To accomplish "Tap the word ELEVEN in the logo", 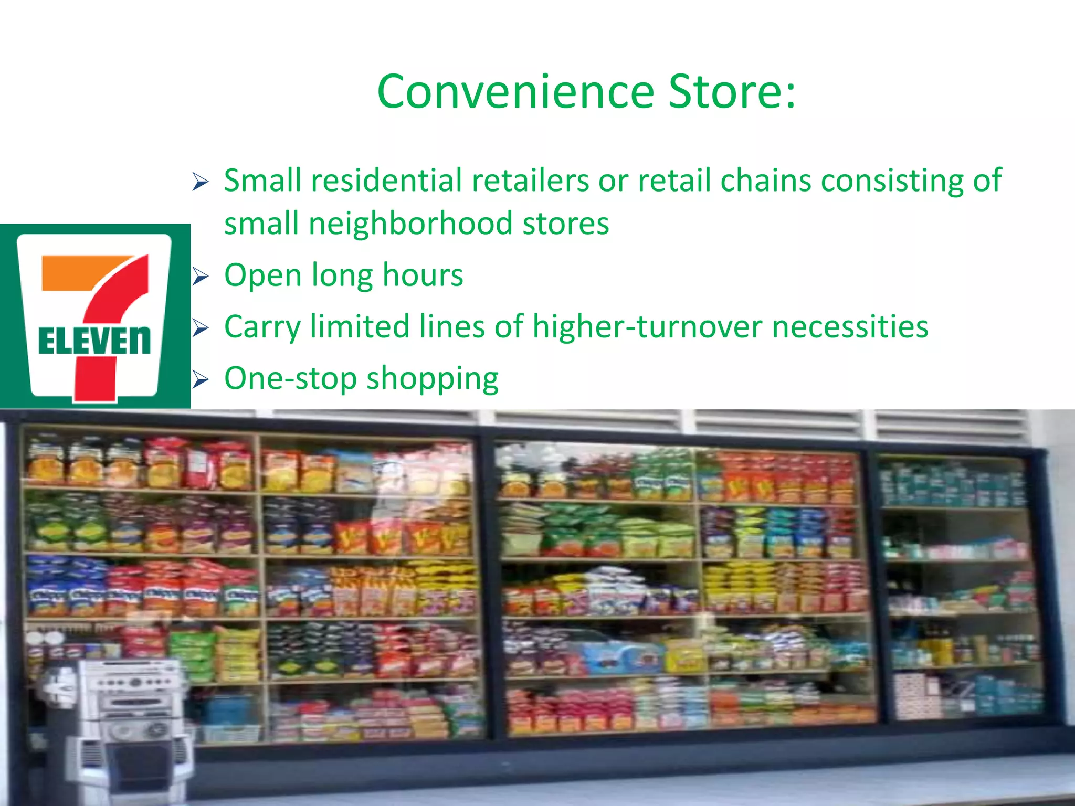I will tap(94, 341).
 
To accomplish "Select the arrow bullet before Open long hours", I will tap(200, 276).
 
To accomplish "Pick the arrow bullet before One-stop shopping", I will tap(200, 379).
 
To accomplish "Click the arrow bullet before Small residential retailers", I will tap(200, 182).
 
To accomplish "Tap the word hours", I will tap(423, 275).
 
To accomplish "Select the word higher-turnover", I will tap(648, 326).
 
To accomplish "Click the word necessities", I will tap(850, 326).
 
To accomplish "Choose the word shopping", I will tap(432, 379).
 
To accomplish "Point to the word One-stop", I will tap(290, 379).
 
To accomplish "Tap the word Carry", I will tap(262, 327).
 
